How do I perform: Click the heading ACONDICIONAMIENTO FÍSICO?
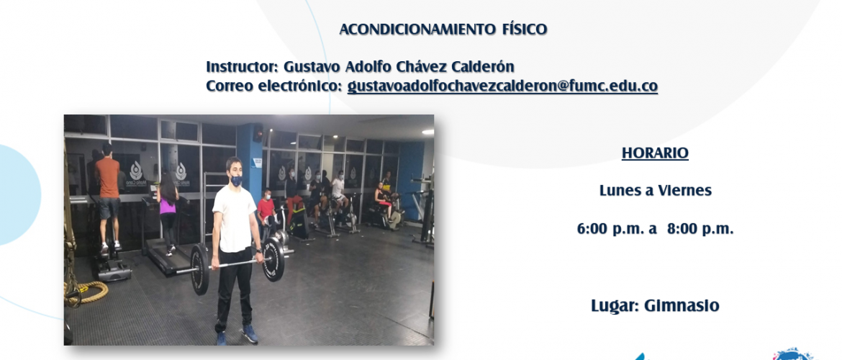[443, 29]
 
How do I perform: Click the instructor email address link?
[502, 86]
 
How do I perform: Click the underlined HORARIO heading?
[655, 153]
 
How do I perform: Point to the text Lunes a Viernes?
[656, 191]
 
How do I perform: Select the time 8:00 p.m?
[700, 229]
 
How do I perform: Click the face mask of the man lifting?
[236, 181]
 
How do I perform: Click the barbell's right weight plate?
[274, 259]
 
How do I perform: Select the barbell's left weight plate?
[200, 269]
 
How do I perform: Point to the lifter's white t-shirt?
[235, 219]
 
